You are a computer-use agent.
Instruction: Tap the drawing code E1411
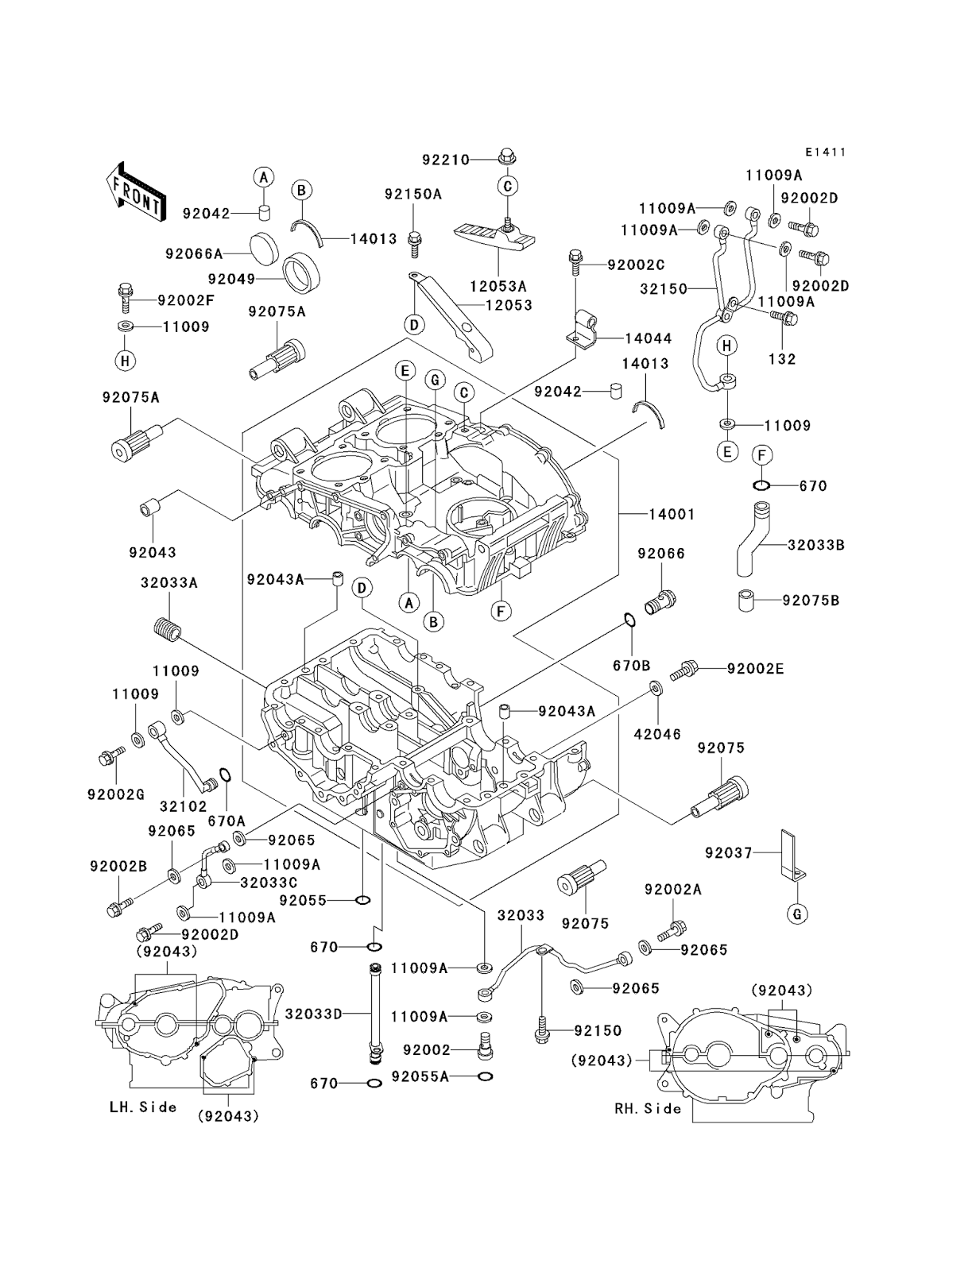824,152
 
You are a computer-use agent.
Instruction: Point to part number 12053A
498,285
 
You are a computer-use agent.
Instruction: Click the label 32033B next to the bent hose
815,545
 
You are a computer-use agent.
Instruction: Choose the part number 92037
727,852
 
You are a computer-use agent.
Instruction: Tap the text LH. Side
143,1107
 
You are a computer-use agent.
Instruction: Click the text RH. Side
649,1108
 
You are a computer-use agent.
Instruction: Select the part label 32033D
313,1014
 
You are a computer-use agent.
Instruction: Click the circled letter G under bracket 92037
797,914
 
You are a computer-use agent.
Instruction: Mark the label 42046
657,734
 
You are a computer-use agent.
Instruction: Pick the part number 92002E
755,669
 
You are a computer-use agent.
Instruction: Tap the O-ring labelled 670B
628,620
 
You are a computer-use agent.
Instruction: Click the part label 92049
231,279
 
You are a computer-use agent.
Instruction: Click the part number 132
782,359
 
